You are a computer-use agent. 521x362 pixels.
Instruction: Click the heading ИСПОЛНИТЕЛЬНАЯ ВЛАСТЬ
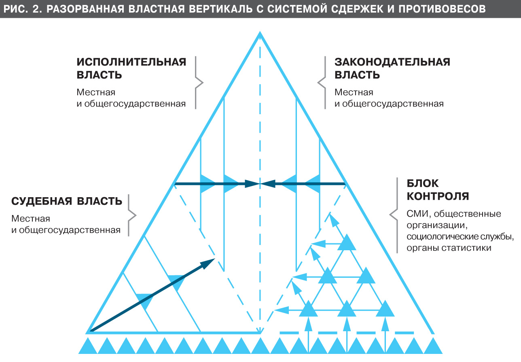131,68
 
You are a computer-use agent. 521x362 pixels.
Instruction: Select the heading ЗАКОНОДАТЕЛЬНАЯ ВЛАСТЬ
392,68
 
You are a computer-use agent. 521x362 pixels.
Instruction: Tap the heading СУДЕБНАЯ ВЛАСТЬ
67,201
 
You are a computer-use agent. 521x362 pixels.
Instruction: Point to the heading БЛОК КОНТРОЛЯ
438,190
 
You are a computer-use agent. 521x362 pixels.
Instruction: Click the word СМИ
417,214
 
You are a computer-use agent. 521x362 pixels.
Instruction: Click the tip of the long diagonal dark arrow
214,260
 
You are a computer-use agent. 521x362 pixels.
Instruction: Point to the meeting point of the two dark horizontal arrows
260,184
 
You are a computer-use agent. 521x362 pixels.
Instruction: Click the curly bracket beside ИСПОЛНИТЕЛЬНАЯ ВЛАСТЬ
198,83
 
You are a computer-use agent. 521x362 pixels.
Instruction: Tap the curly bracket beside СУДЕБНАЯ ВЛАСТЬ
132,215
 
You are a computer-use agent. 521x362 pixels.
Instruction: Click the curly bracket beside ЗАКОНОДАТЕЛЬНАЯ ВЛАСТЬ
322,83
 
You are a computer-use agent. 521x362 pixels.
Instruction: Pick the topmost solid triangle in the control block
347,243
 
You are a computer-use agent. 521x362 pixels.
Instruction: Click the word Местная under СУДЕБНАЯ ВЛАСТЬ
31,219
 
